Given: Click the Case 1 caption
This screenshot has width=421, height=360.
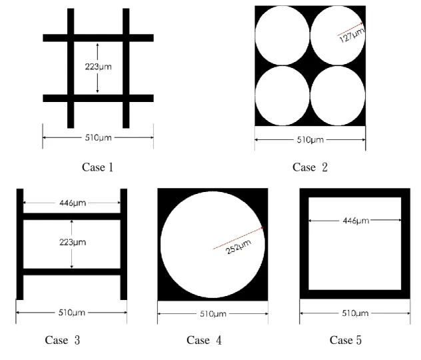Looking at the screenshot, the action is (x=97, y=167).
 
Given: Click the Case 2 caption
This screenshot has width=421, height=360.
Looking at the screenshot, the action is (x=310, y=167).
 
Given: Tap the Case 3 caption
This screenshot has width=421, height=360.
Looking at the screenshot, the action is (x=63, y=340).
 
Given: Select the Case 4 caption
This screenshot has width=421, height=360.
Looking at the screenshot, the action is (x=204, y=340).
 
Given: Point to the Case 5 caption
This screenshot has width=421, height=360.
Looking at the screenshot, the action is (x=346, y=340).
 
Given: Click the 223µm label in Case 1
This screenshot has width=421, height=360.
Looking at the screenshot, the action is (x=99, y=67).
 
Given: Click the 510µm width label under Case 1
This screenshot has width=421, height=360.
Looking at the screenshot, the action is (x=99, y=137).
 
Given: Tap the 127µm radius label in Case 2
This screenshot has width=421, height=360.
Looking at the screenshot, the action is (x=352, y=35).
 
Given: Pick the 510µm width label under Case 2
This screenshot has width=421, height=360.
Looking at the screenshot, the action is (x=310, y=140).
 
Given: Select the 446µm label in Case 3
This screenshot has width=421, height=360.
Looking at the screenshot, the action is (x=73, y=203).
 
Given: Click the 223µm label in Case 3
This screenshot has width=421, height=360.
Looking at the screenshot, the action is (x=73, y=242).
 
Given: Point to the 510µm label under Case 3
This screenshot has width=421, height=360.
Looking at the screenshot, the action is (x=72, y=313).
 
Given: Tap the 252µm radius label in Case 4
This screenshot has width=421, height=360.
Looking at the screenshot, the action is (x=238, y=247).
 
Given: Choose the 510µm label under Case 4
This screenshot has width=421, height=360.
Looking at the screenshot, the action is (x=213, y=314).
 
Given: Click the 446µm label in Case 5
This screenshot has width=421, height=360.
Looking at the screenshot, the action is (x=356, y=221).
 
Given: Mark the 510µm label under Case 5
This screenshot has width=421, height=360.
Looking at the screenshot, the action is (x=355, y=313).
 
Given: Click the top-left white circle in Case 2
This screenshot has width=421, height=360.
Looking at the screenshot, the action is (x=282, y=35).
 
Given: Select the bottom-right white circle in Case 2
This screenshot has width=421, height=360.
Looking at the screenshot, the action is (x=338, y=95).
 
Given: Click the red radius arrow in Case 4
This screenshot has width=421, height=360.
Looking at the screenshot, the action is (x=238, y=238).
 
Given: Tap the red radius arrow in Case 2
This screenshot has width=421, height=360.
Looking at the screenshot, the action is (x=350, y=29).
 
